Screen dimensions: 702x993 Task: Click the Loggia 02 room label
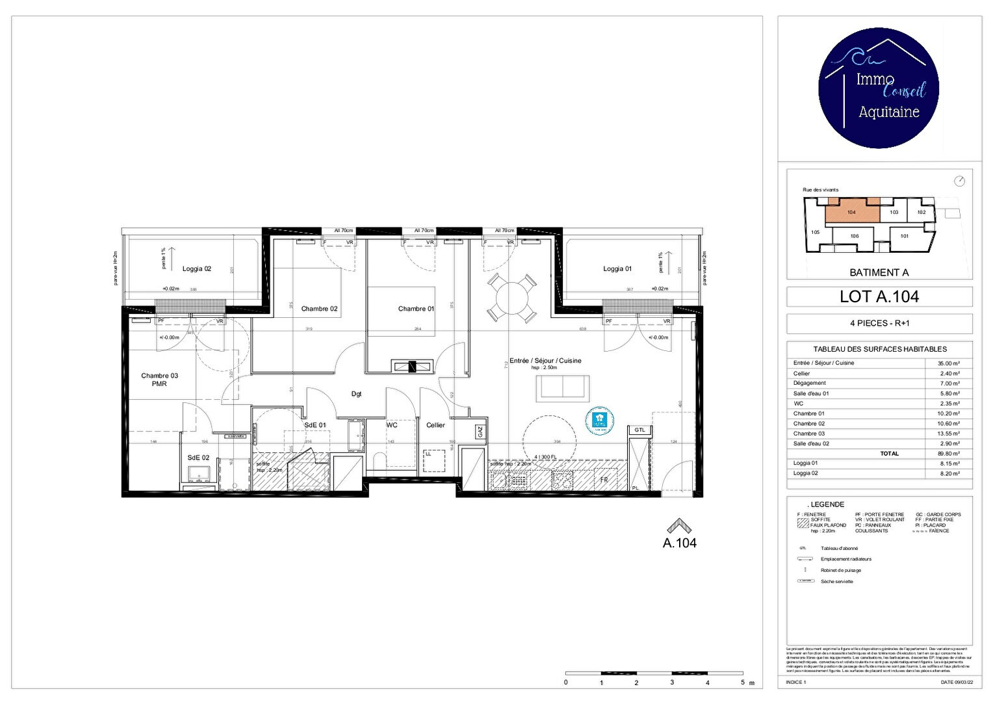click(x=196, y=268)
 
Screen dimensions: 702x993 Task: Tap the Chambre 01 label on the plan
click(x=416, y=309)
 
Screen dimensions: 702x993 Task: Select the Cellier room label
click(x=435, y=425)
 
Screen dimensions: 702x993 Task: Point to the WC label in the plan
click(x=392, y=425)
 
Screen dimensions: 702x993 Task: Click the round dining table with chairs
click(x=512, y=298)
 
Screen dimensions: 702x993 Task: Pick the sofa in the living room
click(x=563, y=388)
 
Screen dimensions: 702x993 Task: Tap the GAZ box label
click(x=480, y=431)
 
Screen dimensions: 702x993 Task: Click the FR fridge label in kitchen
click(x=604, y=480)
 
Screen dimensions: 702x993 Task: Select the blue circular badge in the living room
click(x=599, y=421)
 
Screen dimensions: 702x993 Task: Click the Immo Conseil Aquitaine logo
click(x=879, y=88)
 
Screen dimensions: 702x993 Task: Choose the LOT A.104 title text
click(x=879, y=297)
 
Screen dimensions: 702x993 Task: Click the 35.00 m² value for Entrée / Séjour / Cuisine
click(x=948, y=363)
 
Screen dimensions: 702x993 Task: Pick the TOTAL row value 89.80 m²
click(x=948, y=454)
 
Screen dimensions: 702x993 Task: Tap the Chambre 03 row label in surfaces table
click(x=809, y=434)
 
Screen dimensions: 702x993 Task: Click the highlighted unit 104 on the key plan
click(x=851, y=212)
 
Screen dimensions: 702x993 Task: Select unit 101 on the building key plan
click(x=904, y=236)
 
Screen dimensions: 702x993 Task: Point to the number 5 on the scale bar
click(x=742, y=682)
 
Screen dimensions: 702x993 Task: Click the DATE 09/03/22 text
click(x=957, y=682)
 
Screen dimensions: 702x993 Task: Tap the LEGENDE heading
click(x=827, y=504)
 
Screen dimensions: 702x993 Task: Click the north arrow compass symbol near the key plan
click(x=959, y=181)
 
